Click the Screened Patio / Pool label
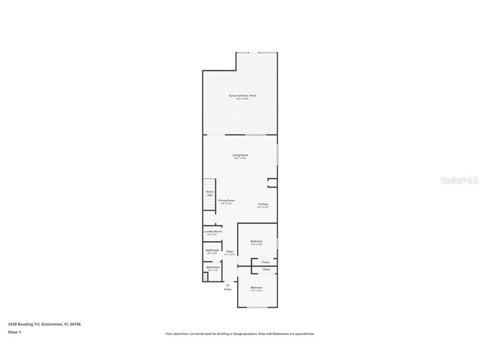pos(242,96)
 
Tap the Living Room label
pos(240,155)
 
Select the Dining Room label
pos(227,200)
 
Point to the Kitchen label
pos(263,204)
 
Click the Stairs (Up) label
pos(210,193)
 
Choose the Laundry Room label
pos(212,232)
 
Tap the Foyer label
pos(230,252)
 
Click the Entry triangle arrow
pos(227,285)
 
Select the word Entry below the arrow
pos(227,290)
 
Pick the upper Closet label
pos(265,262)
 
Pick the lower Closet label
pos(266,270)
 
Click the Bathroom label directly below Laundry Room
pos(212,250)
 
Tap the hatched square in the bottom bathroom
pos(205,277)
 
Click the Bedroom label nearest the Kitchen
pos(256,242)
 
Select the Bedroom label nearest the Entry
pos(256,288)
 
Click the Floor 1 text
pos(14,332)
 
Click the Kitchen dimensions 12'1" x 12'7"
pos(263,207)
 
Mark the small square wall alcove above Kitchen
pos(272,183)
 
